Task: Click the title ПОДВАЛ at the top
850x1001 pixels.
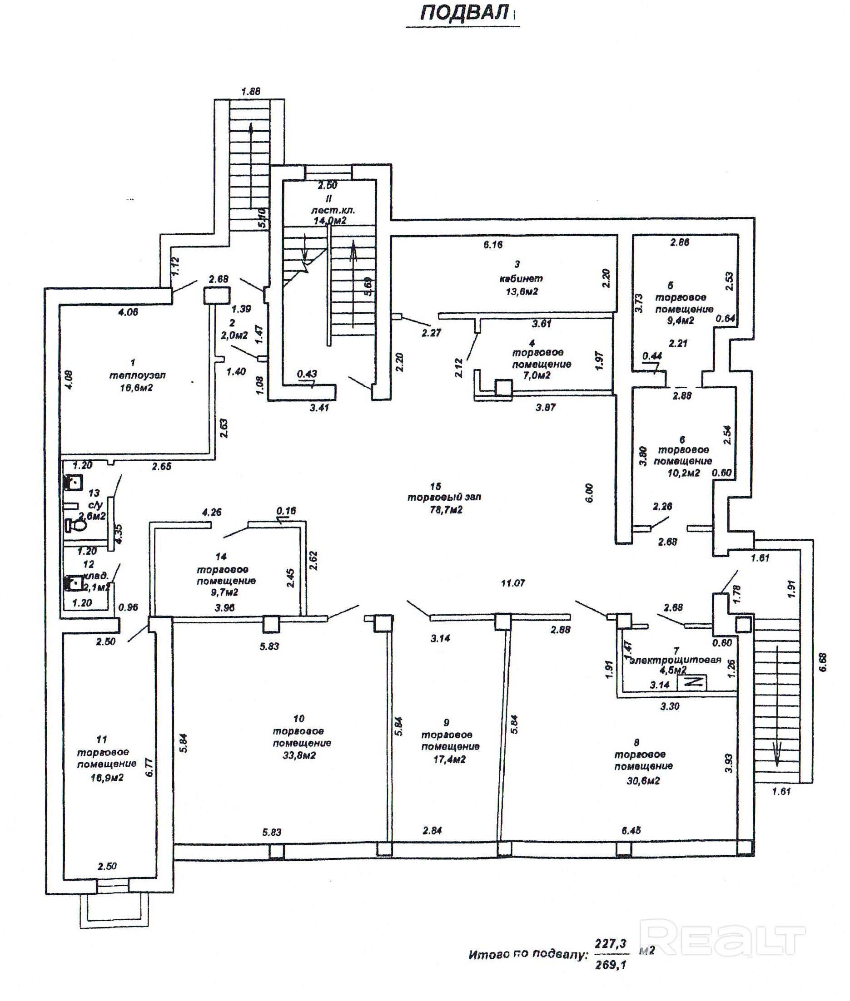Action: tap(464, 13)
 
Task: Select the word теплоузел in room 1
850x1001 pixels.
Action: tap(138, 375)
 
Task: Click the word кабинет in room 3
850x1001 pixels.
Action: tap(521, 278)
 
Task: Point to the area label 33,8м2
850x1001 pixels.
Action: tap(299, 755)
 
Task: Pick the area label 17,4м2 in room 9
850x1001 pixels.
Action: tap(450, 759)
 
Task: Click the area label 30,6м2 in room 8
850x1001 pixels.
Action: tap(643, 780)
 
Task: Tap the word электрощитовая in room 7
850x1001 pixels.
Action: tap(675, 660)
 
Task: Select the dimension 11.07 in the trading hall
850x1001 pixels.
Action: tap(513, 583)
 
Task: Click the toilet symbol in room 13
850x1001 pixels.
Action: tap(75, 526)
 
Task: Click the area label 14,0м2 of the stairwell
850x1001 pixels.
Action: tap(329, 221)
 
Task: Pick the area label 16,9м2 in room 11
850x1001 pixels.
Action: tap(107, 777)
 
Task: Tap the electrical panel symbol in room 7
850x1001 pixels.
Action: tap(692, 682)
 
